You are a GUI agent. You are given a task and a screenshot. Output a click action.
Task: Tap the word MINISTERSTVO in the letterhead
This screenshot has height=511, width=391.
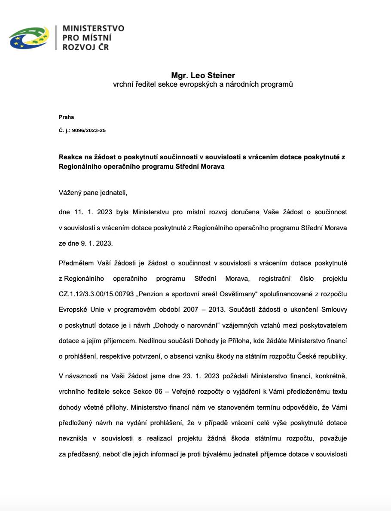(x=93, y=28)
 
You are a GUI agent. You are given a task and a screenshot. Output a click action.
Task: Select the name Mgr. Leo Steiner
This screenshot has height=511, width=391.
(x=203, y=76)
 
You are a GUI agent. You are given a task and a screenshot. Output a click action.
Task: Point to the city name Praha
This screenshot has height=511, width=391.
(x=66, y=117)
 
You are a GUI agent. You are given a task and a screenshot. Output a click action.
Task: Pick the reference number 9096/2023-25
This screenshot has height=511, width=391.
(x=90, y=131)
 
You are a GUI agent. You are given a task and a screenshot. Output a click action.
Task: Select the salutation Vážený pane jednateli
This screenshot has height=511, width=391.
(x=93, y=193)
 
